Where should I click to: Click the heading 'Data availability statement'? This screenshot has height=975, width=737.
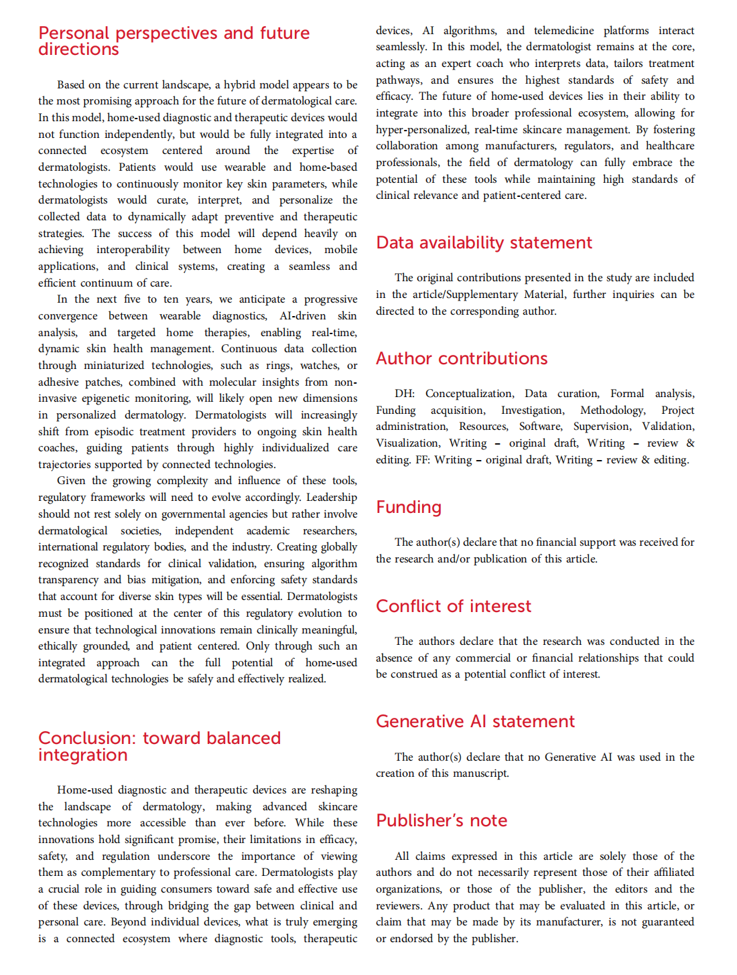pos(484,242)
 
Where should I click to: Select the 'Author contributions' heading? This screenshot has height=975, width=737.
pos(462,358)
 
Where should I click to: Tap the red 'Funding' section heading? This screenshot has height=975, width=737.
pos(409,507)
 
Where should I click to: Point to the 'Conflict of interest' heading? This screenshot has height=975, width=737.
pos(453,606)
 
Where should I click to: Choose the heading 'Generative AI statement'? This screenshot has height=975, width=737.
pos(475,721)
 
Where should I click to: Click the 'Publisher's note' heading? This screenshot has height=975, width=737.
pos(442,820)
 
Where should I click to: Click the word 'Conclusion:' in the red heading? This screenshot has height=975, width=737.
pos(87,738)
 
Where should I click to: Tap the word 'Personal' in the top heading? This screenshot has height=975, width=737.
pos(74,33)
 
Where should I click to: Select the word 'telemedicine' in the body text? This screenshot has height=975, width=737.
pos(563,31)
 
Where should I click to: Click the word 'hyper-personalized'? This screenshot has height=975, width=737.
pos(420,130)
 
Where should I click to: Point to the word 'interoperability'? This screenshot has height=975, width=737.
pos(133,250)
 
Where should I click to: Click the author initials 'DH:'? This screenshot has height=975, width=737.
pos(405,394)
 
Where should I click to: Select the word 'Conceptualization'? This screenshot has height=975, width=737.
pos(469,394)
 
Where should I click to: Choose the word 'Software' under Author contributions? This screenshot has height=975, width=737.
pos(540,427)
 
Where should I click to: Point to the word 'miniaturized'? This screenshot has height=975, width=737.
pos(114,366)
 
